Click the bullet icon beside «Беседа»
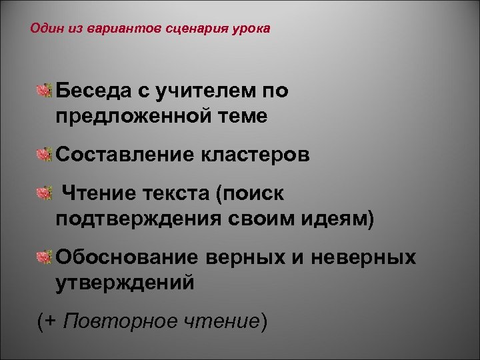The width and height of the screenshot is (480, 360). click(44, 91)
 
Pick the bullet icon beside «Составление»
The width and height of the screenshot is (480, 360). click(44, 155)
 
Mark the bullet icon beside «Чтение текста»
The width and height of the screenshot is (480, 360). click(44, 193)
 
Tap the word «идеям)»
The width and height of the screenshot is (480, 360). click(337, 219)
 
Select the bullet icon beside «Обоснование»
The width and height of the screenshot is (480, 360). click(44, 257)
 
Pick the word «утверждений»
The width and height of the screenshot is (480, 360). click(125, 283)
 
